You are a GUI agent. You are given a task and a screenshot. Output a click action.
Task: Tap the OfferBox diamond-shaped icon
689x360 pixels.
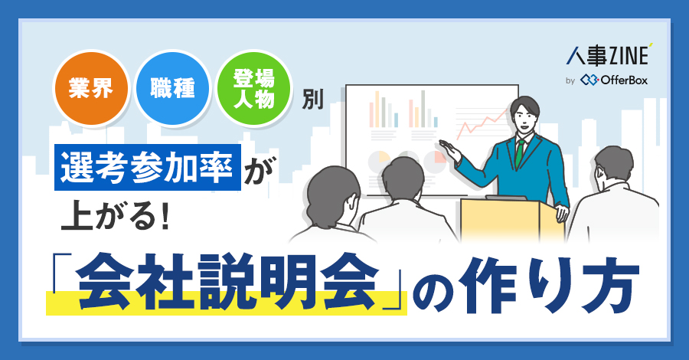pyautogui.click(x=589, y=80)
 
